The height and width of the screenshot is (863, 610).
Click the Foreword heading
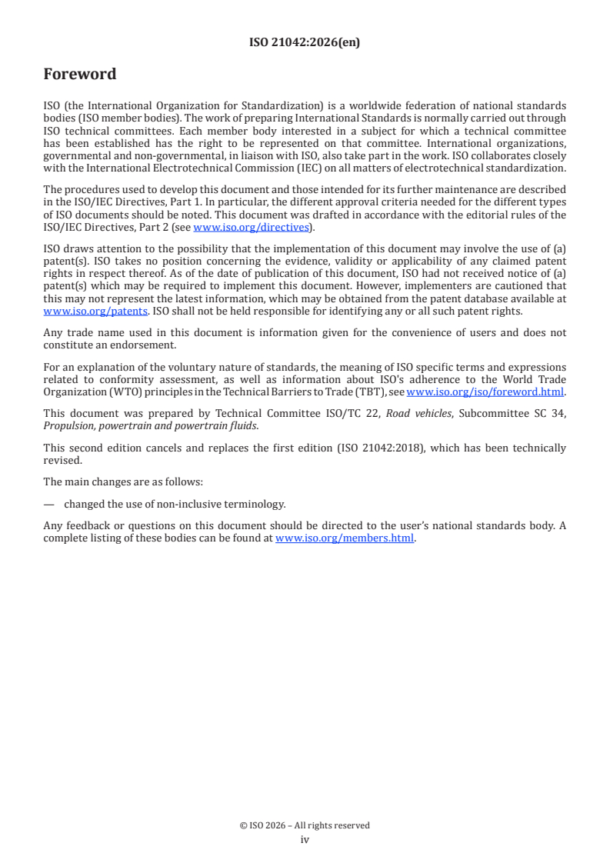(80, 75)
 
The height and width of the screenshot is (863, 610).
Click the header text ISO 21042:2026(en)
(305, 43)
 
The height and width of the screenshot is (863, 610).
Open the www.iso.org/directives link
(251, 227)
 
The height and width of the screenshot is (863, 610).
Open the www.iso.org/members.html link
(345, 538)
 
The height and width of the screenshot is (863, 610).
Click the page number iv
(305, 839)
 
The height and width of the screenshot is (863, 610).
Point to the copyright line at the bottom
(305, 825)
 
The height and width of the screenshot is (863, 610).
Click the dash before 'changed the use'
(49, 505)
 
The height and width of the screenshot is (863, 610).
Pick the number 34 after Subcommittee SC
(559, 413)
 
